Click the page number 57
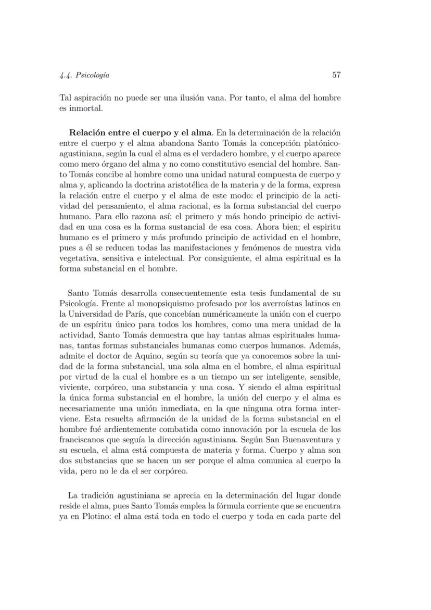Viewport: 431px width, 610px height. point(336,75)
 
